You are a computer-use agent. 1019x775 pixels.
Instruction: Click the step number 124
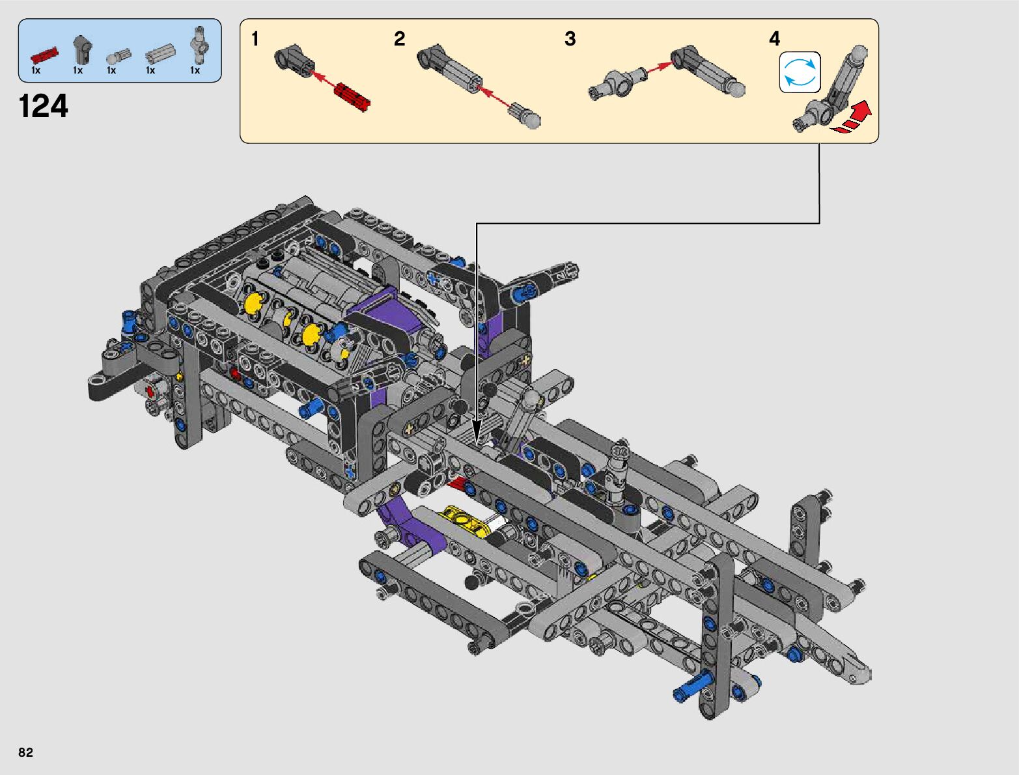[x=43, y=106]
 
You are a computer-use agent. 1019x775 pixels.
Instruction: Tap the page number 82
[x=25, y=752]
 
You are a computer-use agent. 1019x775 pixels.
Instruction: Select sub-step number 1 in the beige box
[x=255, y=38]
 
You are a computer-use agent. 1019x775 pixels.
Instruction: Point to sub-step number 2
[x=399, y=38]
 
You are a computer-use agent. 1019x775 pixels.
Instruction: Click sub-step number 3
[x=570, y=38]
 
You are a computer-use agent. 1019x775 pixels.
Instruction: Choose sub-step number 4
[x=774, y=38]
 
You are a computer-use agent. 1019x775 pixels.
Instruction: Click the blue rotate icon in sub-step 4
[x=800, y=72]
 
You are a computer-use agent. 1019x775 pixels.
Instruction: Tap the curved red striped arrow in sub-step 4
[x=852, y=118]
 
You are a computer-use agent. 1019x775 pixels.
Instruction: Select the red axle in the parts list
[x=44, y=55]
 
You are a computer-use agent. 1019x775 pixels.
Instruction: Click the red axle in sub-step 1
[x=352, y=98]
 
